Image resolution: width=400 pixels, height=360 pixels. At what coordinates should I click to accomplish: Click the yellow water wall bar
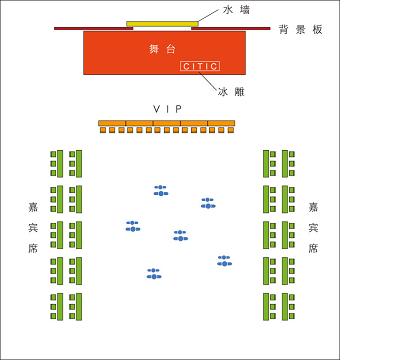[x=162, y=23]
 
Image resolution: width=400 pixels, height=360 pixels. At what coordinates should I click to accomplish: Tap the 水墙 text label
[x=236, y=9]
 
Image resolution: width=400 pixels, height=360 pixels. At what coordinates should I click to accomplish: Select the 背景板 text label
[x=301, y=30]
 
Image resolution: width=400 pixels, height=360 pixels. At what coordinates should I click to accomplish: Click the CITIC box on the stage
[x=199, y=66]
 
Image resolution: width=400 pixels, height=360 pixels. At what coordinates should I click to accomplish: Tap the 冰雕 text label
[x=231, y=91]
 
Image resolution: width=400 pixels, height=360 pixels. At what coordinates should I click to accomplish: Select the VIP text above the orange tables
[x=166, y=107]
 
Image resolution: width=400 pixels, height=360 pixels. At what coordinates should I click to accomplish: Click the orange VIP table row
[x=166, y=124]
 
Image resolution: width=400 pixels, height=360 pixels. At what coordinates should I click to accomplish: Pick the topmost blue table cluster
[x=160, y=190]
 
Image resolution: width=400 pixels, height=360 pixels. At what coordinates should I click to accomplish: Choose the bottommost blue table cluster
[x=154, y=273]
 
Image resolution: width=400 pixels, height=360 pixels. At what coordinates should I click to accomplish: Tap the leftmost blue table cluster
[x=132, y=226]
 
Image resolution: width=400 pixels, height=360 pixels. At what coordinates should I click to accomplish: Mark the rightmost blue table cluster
[x=224, y=261]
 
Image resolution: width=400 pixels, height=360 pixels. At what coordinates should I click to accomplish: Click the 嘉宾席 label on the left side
[x=34, y=229]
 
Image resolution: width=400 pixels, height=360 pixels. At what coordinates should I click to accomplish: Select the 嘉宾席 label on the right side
[x=313, y=229]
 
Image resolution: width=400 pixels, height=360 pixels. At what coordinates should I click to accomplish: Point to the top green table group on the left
[x=66, y=163]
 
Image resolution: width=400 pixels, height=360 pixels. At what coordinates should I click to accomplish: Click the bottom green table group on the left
[x=66, y=306]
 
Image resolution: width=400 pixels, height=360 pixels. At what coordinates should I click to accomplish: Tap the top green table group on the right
[x=279, y=163]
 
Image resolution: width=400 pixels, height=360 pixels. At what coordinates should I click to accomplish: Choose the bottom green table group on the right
[x=279, y=306]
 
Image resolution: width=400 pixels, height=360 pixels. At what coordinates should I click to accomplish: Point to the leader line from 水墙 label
[x=209, y=15]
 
